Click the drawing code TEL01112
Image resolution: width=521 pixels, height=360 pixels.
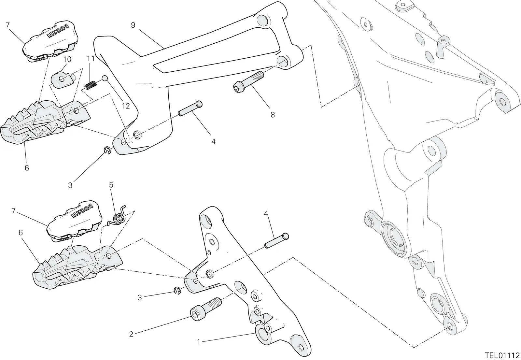(502, 355)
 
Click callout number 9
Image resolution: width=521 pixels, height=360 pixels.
(133, 25)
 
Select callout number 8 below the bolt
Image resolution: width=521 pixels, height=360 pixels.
(272, 115)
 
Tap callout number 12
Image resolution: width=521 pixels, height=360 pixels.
(126, 106)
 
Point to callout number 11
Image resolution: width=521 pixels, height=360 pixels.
(91, 59)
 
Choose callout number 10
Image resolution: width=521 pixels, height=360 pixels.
(67, 59)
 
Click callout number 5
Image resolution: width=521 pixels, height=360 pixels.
(111, 185)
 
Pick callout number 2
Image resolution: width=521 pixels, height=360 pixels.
(131, 334)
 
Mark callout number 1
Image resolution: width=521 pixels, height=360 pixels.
(198, 342)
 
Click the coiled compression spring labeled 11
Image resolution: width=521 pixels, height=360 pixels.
(91, 85)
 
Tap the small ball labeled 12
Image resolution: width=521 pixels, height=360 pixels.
(105, 78)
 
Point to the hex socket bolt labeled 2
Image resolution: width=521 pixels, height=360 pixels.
(205, 309)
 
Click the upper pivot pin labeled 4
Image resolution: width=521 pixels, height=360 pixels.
(190, 108)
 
